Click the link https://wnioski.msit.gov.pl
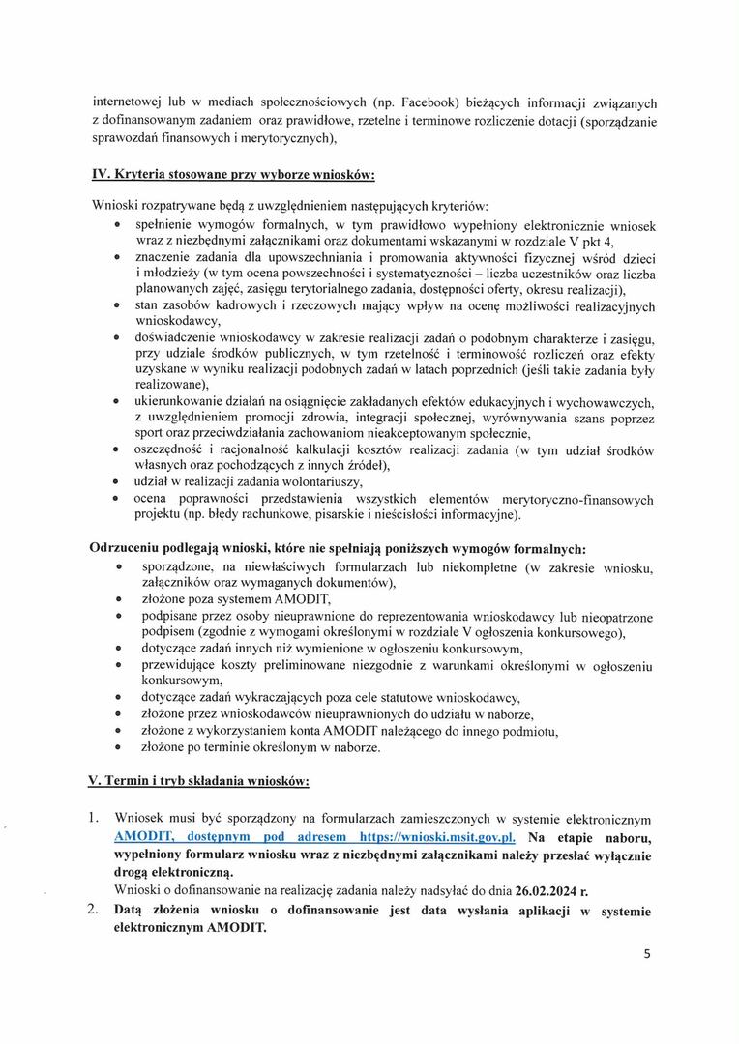(436, 836)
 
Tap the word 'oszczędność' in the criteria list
(178, 450)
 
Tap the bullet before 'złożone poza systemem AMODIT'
(118, 600)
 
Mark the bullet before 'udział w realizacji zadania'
(116, 481)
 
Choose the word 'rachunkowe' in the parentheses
(266, 513)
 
